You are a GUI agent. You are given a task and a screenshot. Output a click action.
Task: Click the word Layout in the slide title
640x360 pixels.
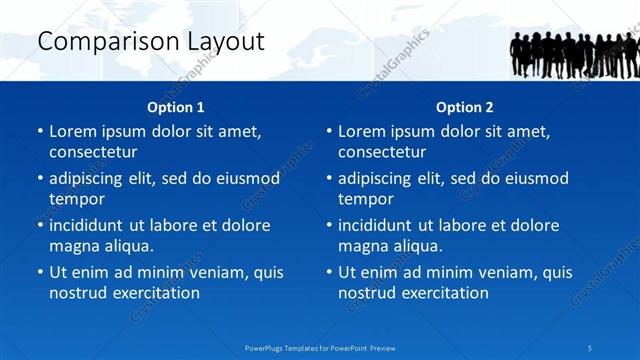[x=222, y=42]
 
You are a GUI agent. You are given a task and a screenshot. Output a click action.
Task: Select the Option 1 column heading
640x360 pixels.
[x=176, y=107]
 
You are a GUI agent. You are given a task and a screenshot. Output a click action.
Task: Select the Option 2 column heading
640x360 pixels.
[x=465, y=107]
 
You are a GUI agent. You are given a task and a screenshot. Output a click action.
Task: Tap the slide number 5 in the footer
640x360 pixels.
[x=590, y=347]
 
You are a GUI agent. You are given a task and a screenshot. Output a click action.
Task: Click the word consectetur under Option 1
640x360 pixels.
[x=93, y=152]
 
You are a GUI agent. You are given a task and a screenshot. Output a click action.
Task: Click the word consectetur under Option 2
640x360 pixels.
[x=382, y=152]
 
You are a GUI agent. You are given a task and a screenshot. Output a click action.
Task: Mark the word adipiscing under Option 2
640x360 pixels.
[x=380, y=179]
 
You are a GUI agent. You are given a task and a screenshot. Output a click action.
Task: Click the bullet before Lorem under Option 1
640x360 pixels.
[x=40, y=132]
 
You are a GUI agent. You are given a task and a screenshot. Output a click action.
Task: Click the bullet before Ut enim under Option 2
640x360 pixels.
[x=329, y=272]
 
